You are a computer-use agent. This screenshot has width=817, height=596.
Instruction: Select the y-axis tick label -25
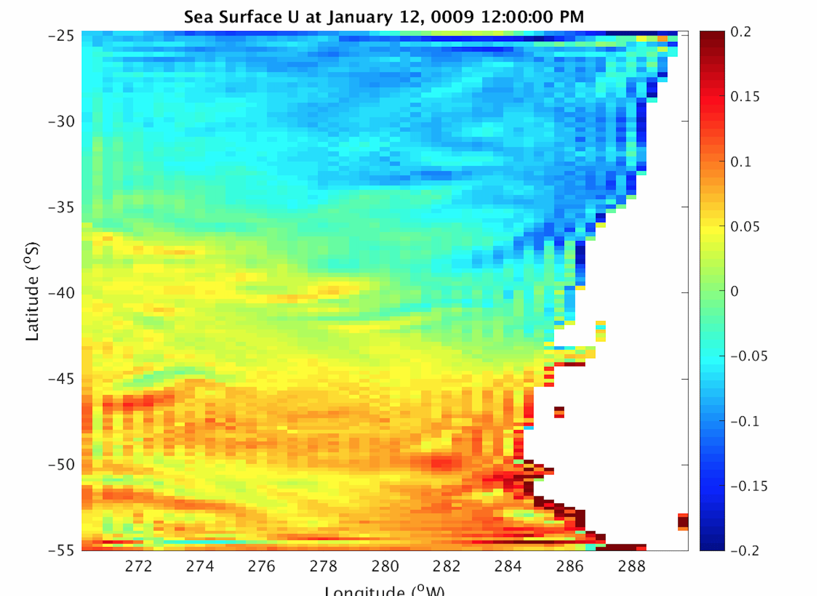[61, 36]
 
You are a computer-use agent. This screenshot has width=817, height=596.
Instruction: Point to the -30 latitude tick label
[61, 122]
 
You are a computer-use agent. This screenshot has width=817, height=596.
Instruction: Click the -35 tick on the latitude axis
[61, 207]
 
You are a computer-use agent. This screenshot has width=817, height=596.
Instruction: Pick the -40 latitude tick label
[61, 293]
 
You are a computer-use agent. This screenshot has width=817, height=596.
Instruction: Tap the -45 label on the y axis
[61, 379]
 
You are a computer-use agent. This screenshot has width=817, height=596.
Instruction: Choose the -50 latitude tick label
[61, 465]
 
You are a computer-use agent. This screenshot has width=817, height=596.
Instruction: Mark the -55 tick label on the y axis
[61, 550]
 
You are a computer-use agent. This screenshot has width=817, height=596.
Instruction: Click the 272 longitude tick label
[138, 566]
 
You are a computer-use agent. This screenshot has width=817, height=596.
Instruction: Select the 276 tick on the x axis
[262, 566]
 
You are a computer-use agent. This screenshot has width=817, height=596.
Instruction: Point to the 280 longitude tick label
[385, 566]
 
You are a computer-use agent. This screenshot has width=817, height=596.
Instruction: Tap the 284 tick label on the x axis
[508, 566]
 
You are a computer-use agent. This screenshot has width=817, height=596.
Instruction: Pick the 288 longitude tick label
[632, 566]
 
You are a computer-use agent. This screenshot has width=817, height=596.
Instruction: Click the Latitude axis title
[32, 291]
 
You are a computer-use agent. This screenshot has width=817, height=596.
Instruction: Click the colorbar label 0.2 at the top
[741, 32]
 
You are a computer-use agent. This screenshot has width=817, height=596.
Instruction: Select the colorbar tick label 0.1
[741, 162]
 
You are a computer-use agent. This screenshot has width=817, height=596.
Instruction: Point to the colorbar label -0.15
[749, 486]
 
